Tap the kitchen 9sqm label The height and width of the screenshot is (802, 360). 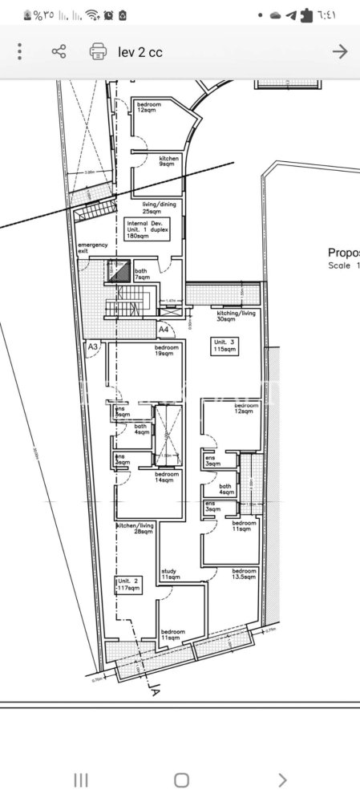[169, 162]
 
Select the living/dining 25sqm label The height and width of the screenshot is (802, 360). [160, 208]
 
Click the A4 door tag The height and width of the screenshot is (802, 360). [164, 329]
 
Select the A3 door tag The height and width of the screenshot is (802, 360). [93, 346]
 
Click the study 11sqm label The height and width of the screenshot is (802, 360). [170, 574]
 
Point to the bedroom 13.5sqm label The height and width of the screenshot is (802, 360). [244, 574]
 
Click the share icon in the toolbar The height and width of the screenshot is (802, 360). [59, 52]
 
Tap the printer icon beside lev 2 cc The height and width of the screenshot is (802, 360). [98, 52]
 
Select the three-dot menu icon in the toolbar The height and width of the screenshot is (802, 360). [19, 52]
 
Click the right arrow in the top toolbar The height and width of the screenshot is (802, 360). [340, 52]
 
